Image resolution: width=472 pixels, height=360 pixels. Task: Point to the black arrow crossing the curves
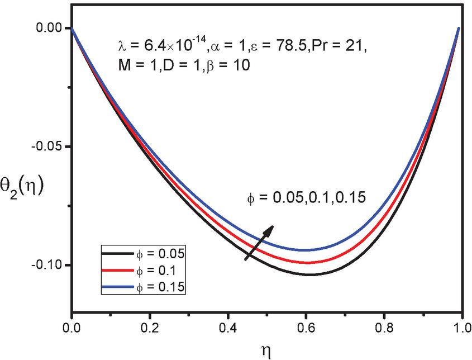point(259,242)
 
